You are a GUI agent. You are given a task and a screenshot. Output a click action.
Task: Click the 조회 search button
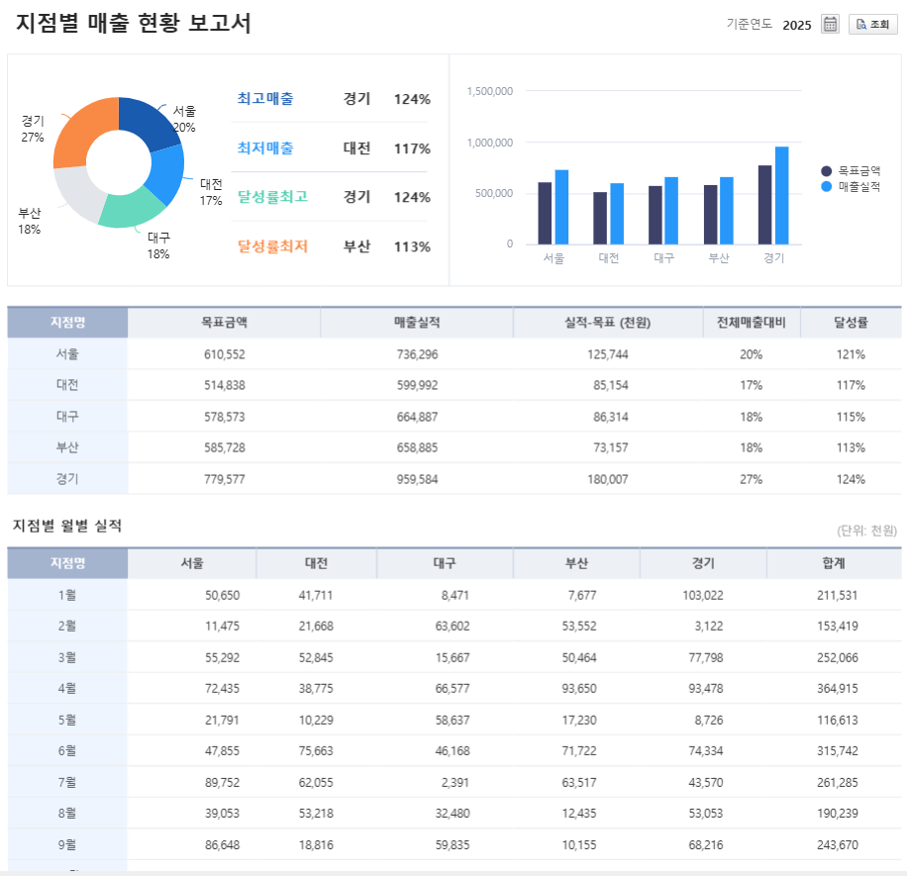click(872, 25)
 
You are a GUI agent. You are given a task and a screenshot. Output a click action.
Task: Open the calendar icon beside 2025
click(831, 25)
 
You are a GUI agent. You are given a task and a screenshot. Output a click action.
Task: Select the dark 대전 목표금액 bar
click(600, 218)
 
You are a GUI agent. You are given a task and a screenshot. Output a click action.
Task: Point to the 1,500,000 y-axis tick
click(489, 91)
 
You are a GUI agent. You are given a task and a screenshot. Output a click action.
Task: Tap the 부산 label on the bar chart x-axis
click(719, 258)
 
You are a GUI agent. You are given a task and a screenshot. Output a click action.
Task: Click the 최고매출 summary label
click(265, 99)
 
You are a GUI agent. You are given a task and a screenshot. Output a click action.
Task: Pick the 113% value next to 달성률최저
click(412, 246)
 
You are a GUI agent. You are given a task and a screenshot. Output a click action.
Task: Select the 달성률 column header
click(851, 323)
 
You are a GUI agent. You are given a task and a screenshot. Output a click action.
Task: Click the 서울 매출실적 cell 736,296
click(416, 354)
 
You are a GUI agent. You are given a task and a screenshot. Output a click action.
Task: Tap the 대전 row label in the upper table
click(67, 385)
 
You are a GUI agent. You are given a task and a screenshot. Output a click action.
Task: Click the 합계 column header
click(833, 563)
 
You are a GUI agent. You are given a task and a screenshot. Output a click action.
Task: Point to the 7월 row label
click(67, 783)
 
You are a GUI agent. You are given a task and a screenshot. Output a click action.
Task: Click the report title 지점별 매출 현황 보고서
click(134, 24)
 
